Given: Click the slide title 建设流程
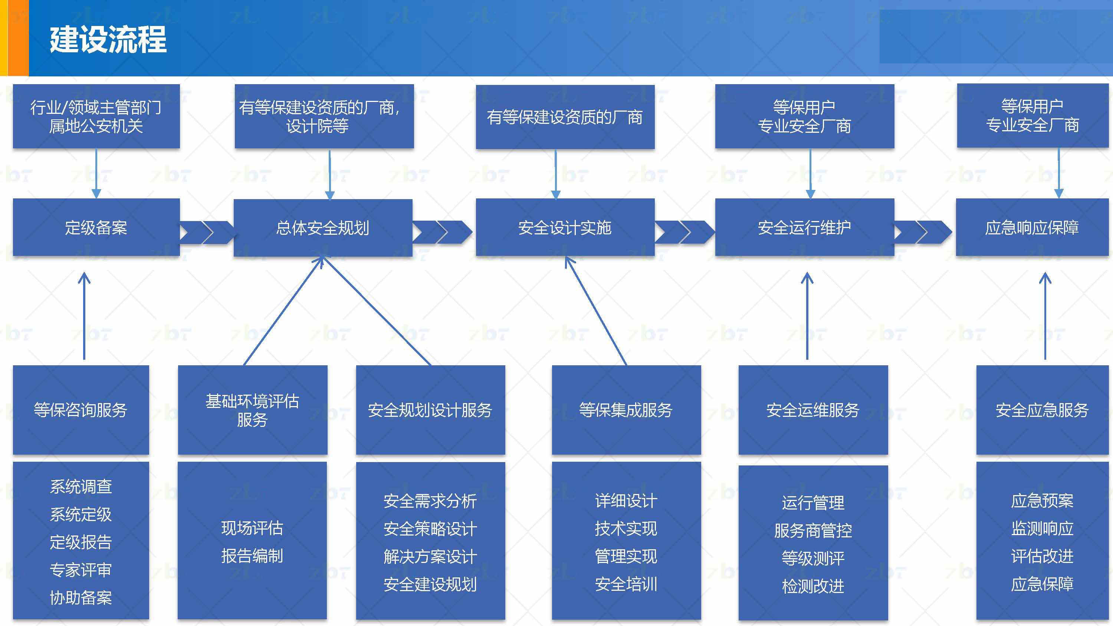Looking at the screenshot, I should [x=108, y=39].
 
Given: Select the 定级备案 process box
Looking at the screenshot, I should [x=96, y=228].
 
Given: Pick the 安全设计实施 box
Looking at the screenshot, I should [x=565, y=228].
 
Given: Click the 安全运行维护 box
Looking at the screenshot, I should [x=804, y=228].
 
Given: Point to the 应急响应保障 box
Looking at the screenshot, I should [x=1032, y=228].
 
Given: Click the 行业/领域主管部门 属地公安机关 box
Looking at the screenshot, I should [x=96, y=117].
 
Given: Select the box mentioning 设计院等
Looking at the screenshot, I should [x=324, y=117].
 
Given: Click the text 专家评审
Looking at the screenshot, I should [x=81, y=570].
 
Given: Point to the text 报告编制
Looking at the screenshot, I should [x=252, y=556].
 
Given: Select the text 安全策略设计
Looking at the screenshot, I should [x=430, y=529].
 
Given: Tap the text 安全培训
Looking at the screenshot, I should [x=626, y=584].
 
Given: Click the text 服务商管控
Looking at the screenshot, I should [x=813, y=531].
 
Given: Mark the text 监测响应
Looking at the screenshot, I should [x=1042, y=528].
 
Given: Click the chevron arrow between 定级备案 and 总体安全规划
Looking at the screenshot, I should [x=207, y=233].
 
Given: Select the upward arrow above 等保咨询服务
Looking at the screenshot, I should [x=84, y=315].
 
